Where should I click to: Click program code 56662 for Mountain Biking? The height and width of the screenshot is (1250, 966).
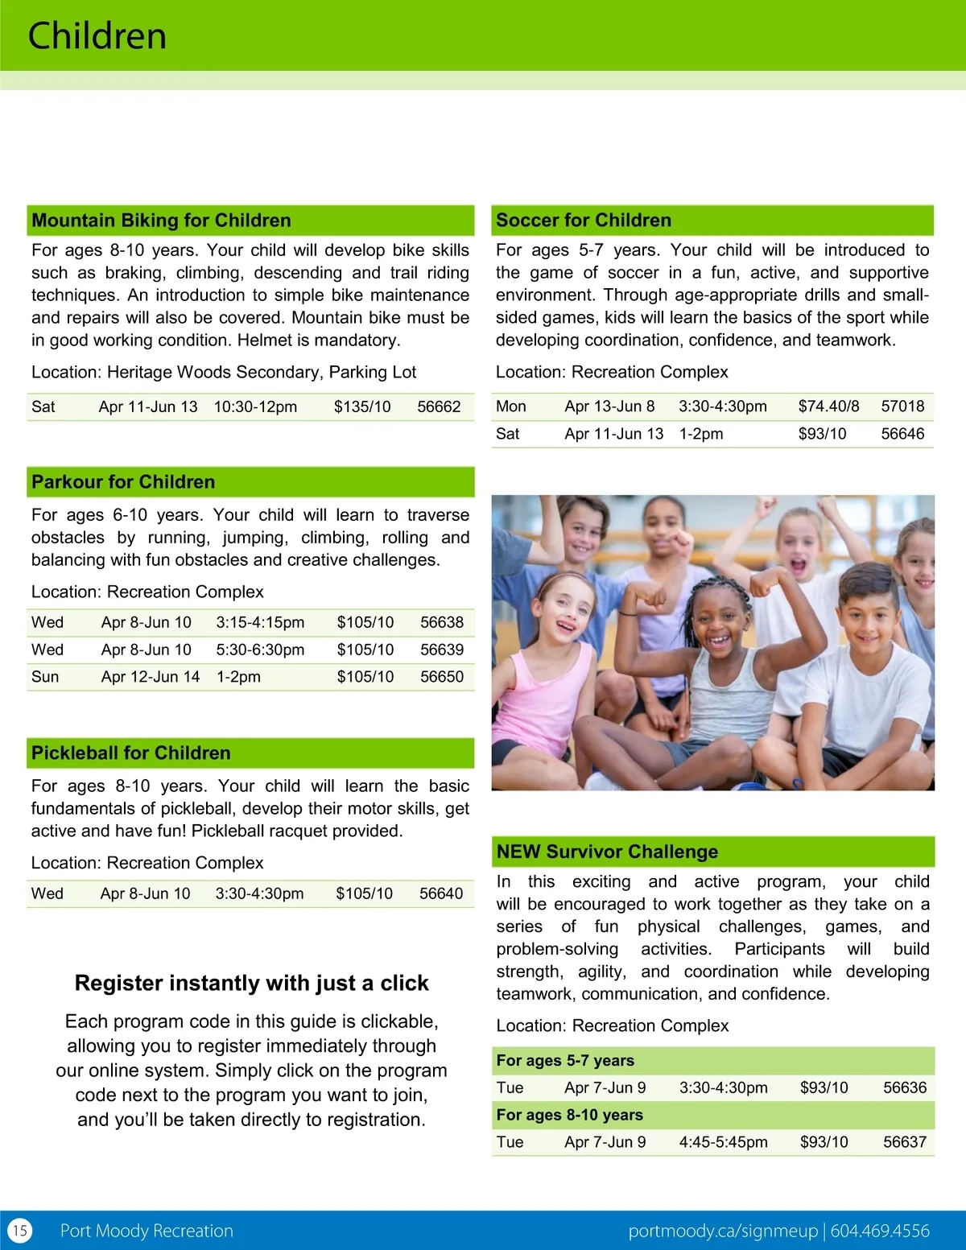(439, 406)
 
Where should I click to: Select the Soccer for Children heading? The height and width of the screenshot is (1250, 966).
(584, 220)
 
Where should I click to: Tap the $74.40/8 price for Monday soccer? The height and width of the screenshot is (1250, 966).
(828, 406)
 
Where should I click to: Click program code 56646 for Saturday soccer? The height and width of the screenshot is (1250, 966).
(902, 434)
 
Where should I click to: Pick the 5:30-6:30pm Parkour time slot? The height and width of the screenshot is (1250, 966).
(260, 650)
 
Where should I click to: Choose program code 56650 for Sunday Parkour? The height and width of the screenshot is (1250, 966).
(442, 677)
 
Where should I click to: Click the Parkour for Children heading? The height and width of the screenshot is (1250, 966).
(123, 481)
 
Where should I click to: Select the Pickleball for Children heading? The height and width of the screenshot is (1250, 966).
(130, 753)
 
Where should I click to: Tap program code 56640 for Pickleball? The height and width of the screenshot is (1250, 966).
(441, 893)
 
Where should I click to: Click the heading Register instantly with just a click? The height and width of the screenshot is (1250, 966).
(251, 983)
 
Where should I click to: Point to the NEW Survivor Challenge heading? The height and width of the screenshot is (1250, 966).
(607, 852)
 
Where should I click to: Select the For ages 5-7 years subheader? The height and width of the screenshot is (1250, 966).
(565, 1061)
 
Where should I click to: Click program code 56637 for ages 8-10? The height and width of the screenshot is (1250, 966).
(905, 1142)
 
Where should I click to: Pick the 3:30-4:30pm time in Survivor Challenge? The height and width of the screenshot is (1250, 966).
(723, 1087)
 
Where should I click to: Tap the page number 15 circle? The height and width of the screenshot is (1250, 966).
(20, 1230)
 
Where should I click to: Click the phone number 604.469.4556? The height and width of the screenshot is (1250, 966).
(880, 1231)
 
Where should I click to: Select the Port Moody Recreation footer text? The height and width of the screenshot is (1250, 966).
(147, 1231)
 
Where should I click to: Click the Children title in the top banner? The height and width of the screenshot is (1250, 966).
(97, 36)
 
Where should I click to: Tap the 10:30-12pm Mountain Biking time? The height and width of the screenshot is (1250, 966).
(255, 406)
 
